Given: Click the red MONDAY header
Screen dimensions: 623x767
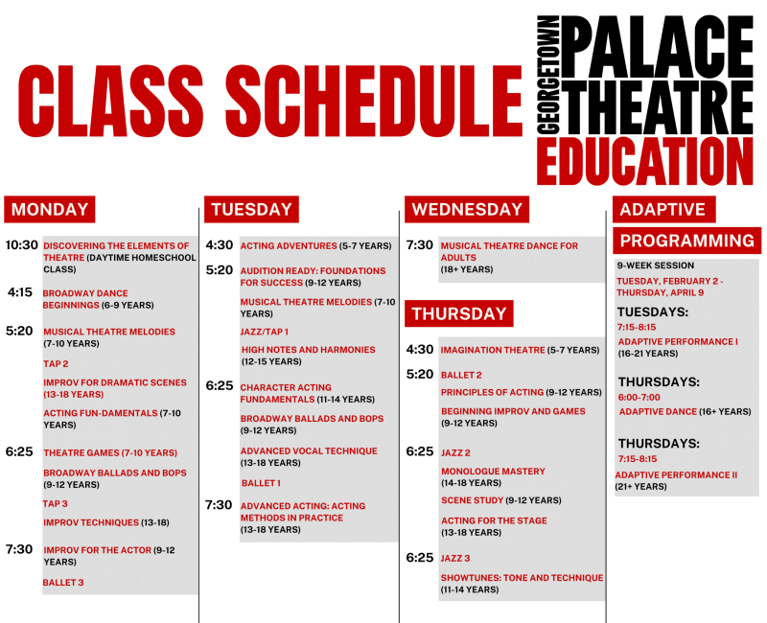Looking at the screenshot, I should click(50, 210).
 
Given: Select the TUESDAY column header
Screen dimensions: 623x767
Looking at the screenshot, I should click(251, 210).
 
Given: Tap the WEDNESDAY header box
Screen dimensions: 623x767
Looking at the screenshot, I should click(467, 210).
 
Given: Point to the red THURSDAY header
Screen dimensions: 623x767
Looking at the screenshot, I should click(458, 313).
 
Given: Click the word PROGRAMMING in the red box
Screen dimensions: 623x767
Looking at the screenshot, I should click(687, 241).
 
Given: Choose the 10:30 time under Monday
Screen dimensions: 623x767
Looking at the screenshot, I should click(21, 245).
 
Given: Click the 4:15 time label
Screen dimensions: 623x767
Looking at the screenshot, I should click(21, 292).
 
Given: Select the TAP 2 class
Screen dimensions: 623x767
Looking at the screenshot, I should click(56, 363).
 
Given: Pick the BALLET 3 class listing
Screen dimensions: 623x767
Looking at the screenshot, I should click(63, 582).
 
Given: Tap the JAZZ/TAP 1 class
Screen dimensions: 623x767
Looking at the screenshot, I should click(264, 332).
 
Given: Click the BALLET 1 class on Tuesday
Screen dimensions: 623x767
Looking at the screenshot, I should click(261, 483).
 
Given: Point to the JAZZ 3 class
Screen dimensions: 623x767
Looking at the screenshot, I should click(455, 558).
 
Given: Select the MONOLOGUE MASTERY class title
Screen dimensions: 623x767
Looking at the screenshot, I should click(493, 472).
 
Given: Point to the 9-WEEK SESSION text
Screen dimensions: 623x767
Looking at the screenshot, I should click(655, 265).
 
